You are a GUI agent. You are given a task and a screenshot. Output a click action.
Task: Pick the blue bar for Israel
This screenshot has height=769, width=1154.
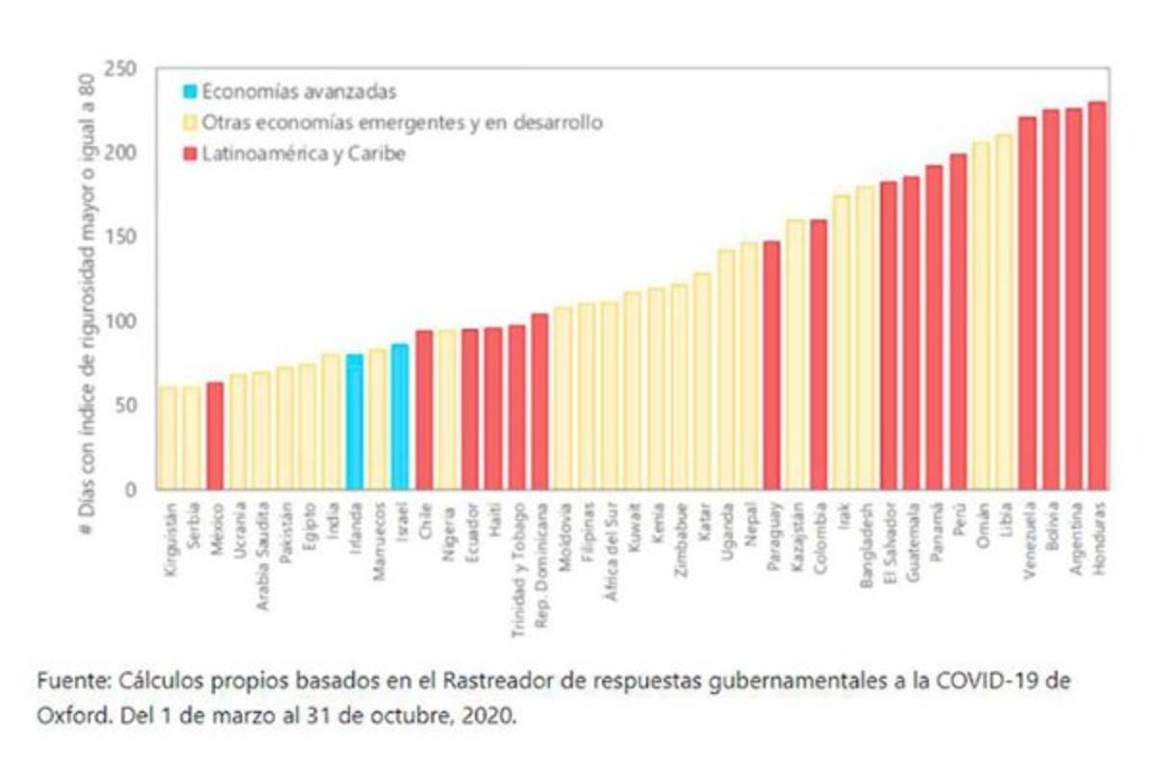[x=400, y=418]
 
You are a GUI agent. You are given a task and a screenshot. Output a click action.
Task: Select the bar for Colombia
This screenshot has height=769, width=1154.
[x=818, y=355]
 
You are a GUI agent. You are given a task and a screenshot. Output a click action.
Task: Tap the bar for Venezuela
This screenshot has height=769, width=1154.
[x=1027, y=303]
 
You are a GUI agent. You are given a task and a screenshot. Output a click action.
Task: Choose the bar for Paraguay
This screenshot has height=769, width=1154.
[x=772, y=365]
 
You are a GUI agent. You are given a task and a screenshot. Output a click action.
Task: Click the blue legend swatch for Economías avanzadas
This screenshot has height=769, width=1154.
[x=190, y=93]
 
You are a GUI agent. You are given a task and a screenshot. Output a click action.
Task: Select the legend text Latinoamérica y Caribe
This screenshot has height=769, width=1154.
[x=302, y=154]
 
